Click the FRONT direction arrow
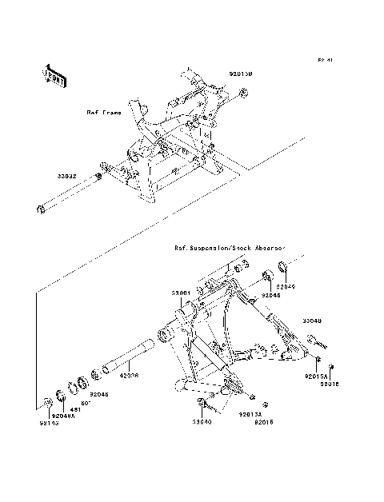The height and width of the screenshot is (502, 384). (x=55, y=74)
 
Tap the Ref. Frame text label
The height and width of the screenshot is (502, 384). (x=104, y=114)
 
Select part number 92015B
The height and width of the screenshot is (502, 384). (x=240, y=74)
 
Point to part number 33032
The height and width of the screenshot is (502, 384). (x=66, y=175)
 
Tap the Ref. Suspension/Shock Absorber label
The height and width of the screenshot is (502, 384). (x=230, y=249)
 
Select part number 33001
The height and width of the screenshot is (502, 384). (x=179, y=293)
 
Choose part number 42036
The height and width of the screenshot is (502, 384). (x=130, y=373)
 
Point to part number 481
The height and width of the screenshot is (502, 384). (x=78, y=409)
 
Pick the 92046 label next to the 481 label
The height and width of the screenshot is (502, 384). (x=99, y=394)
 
